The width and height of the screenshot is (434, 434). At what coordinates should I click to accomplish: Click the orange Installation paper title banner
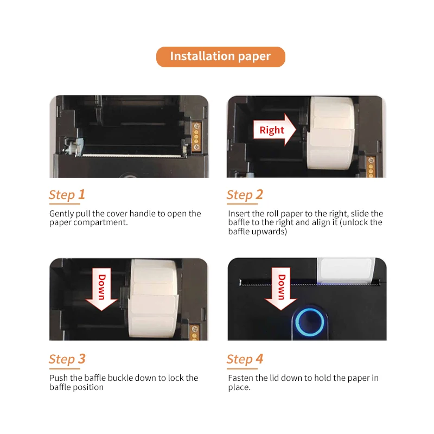click(220, 56)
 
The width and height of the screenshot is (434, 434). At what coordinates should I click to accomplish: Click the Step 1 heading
click(67, 195)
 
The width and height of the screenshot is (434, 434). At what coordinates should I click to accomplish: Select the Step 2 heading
click(245, 195)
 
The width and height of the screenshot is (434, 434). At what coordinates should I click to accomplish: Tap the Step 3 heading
click(67, 359)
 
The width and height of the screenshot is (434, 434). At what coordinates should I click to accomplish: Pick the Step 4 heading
click(245, 359)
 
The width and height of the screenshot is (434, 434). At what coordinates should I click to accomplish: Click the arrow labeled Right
click(275, 130)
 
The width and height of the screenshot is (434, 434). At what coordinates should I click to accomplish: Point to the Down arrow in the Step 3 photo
click(101, 288)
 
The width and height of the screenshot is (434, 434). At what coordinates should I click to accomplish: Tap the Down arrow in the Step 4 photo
click(280, 288)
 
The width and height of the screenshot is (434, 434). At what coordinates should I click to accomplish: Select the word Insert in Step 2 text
click(240, 214)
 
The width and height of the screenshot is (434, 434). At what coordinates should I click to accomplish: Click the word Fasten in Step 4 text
click(242, 378)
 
